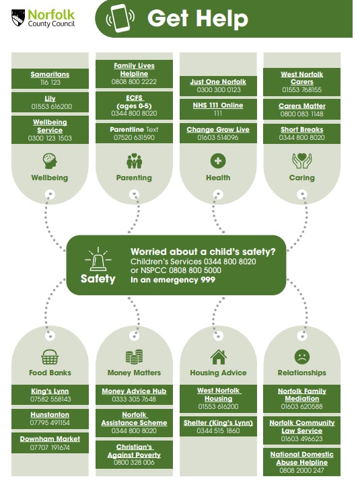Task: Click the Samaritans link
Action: point(50,75)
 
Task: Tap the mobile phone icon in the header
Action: point(120,18)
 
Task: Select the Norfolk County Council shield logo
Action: point(18,17)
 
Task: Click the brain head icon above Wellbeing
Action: point(50,161)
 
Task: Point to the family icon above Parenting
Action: point(134,161)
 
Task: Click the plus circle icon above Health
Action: point(218,161)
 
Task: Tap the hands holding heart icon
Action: point(302,161)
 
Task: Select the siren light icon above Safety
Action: point(98,260)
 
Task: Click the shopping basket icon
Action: point(50,356)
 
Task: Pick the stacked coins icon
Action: point(134,356)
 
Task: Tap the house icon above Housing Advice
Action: point(218,356)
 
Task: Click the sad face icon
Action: point(302,356)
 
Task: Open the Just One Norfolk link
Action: point(218,82)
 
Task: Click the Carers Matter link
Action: point(302,106)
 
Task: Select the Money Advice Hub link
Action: point(134,391)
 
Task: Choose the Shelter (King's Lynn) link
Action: point(218,423)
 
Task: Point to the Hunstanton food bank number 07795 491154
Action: point(50,423)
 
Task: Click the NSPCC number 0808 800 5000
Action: point(195,270)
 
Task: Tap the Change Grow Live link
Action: point(218,129)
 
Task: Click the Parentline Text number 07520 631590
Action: point(134,138)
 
